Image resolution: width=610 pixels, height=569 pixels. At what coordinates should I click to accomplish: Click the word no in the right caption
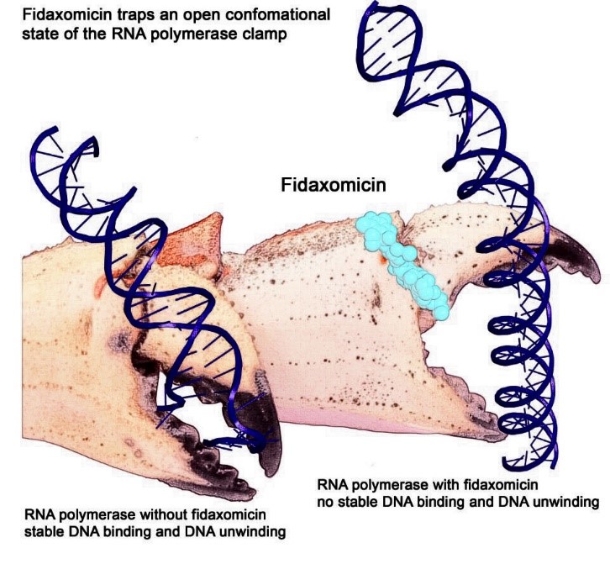(x=324, y=503)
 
